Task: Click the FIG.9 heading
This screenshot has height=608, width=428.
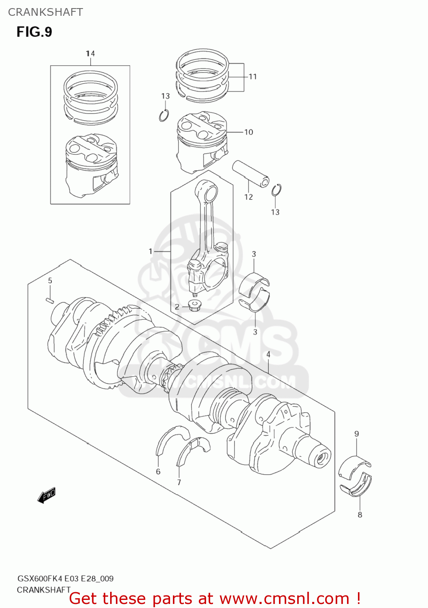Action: click(x=34, y=32)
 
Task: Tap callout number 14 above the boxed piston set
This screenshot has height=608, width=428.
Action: click(x=90, y=54)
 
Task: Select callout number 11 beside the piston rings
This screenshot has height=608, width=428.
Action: click(x=253, y=77)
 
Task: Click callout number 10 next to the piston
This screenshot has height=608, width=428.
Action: click(x=249, y=132)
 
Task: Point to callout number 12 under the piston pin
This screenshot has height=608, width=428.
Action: click(x=249, y=197)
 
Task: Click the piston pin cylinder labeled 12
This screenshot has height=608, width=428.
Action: click(x=251, y=173)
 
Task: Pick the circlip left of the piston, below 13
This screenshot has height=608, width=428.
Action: click(x=164, y=116)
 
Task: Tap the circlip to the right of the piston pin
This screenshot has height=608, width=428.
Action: click(x=277, y=190)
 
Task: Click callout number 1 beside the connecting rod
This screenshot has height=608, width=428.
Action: click(x=151, y=251)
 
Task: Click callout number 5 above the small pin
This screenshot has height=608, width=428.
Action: click(x=50, y=280)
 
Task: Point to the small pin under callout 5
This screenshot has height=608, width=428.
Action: click(x=50, y=300)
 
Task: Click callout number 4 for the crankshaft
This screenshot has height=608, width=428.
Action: click(x=268, y=354)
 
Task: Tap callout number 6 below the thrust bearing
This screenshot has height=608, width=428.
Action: click(x=158, y=471)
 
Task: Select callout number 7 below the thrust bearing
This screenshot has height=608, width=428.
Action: click(x=179, y=482)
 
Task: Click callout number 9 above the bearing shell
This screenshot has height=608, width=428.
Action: click(x=357, y=434)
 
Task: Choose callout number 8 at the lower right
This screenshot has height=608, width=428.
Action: click(x=360, y=515)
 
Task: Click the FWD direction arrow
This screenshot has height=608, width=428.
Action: click(x=46, y=495)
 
